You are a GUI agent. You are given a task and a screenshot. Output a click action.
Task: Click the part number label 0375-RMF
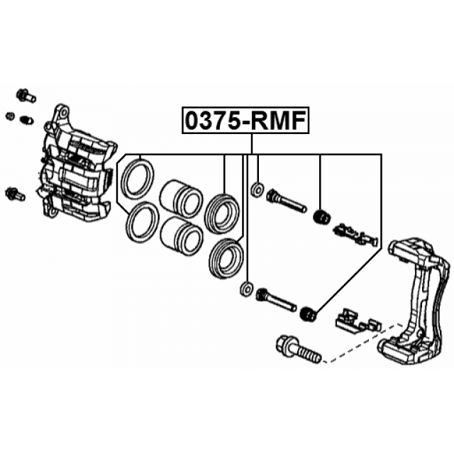pyautogui.click(x=245, y=120)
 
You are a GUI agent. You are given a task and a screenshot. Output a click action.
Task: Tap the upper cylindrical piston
pyautogui.click(x=181, y=199)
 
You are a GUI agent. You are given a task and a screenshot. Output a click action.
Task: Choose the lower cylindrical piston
pyautogui.click(x=182, y=236)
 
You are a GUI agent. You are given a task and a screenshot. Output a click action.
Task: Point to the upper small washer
pyautogui.click(x=257, y=189)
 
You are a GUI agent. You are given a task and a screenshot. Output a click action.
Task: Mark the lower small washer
pyautogui.click(x=247, y=289)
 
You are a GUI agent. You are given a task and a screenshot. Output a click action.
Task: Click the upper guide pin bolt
pyautogui.click(x=286, y=200)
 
